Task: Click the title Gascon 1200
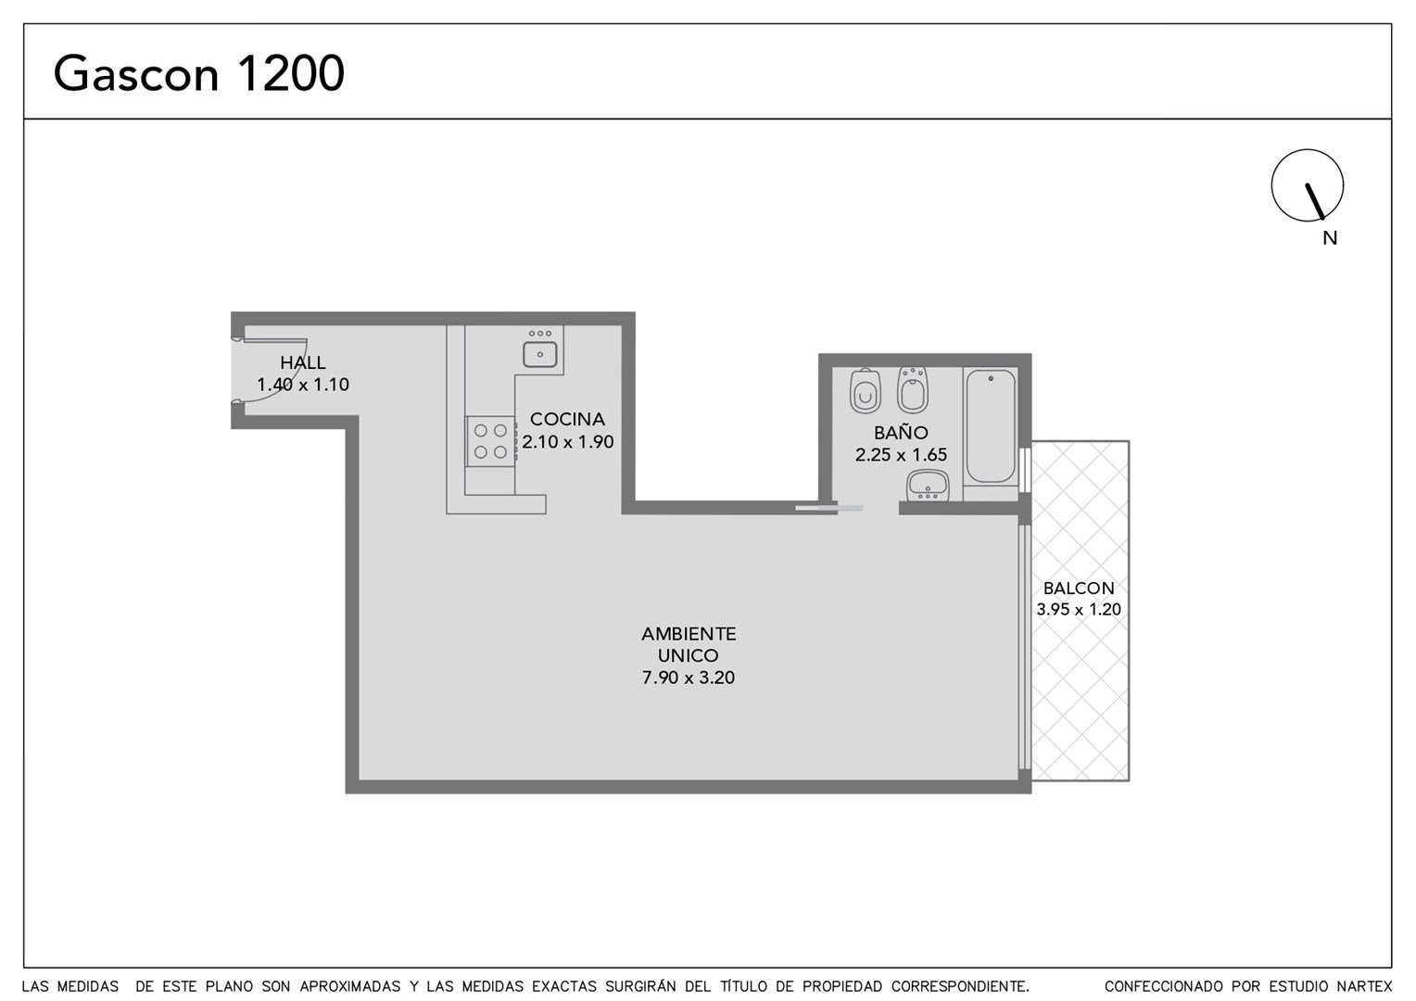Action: click(x=198, y=73)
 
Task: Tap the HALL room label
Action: click(x=303, y=362)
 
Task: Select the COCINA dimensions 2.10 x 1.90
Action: click(x=568, y=441)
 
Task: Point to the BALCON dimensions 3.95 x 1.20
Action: click(x=1079, y=609)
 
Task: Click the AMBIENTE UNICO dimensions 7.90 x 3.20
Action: click(x=689, y=678)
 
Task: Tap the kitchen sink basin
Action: click(x=540, y=354)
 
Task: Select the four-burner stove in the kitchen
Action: click(x=490, y=441)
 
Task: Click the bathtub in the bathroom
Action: click(x=991, y=426)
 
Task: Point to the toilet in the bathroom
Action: click(x=866, y=391)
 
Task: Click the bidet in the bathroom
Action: click(x=912, y=389)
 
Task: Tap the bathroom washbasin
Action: click(x=928, y=486)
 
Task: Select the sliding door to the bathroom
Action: click(x=828, y=507)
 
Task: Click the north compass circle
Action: click(x=1308, y=185)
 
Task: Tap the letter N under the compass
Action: click(x=1330, y=238)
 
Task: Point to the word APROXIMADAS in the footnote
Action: click(x=350, y=986)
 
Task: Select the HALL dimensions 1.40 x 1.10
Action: click(x=303, y=385)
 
